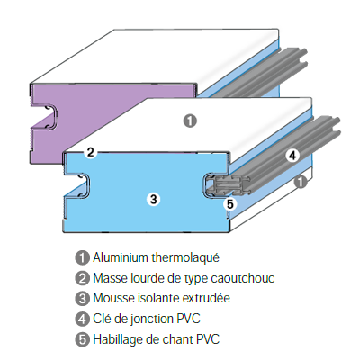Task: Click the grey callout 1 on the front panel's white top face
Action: pyautogui.click(x=190, y=121)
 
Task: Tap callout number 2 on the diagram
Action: pyautogui.click(x=90, y=152)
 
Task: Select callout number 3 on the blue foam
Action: pyautogui.click(x=153, y=199)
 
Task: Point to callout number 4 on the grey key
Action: pyautogui.click(x=292, y=156)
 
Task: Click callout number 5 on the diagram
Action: pyautogui.click(x=229, y=204)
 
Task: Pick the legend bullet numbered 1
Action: pyautogui.click(x=82, y=257)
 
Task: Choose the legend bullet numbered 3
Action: pyautogui.click(x=82, y=299)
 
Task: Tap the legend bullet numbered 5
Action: pyautogui.click(x=82, y=339)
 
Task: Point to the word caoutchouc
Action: pyautogui.click(x=243, y=278)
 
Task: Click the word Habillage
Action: pyautogui.click(x=118, y=339)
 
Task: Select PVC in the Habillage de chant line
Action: pyautogui.click(x=208, y=339)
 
